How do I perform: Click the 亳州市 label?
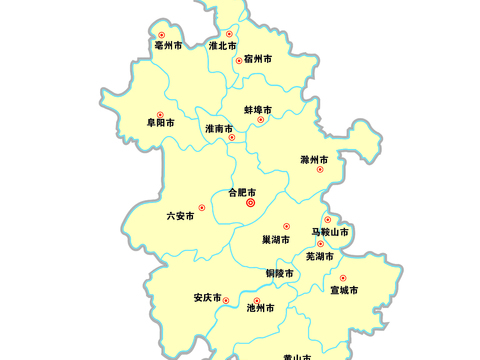168,46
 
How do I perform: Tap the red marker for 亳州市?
159,33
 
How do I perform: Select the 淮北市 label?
222,46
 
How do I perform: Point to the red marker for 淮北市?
229,34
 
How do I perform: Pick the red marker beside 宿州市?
238,60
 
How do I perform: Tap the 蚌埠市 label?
258,109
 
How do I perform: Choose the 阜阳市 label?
161,123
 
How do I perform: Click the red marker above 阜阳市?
160,113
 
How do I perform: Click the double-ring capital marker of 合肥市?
250,203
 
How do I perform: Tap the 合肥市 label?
243,191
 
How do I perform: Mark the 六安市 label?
180,215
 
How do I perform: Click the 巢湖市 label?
276,239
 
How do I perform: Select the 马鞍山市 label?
331,233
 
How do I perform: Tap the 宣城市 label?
344,290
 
